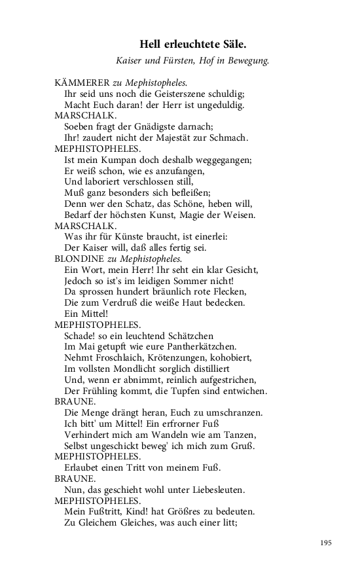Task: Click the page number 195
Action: pos(327,543)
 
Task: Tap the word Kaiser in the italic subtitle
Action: pos(130,61)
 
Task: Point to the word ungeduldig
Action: pos(219,105)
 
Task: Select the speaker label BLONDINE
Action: pos(77,259)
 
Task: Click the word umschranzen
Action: pos(231,413)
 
